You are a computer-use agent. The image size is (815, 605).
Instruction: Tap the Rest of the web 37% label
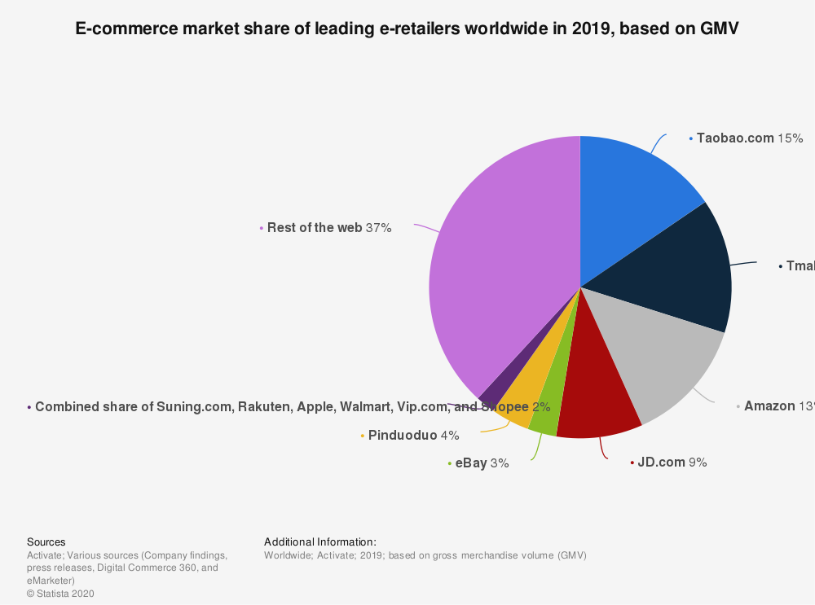[329, 228]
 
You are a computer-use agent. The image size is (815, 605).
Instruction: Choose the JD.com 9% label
[672, 463]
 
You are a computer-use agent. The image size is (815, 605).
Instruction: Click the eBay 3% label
[482, 463]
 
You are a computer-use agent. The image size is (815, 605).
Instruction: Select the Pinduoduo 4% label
[413, 436]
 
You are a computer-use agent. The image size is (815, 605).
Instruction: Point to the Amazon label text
[769, 406]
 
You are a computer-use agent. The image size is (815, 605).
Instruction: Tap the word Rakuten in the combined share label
[263, 406]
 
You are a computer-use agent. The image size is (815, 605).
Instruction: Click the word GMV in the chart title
[720, 29]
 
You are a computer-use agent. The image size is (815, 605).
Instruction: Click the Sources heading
[46, 542]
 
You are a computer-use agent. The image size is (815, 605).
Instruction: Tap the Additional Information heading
[320, 541]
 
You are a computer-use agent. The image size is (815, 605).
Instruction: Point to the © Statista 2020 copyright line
[60, 594]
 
